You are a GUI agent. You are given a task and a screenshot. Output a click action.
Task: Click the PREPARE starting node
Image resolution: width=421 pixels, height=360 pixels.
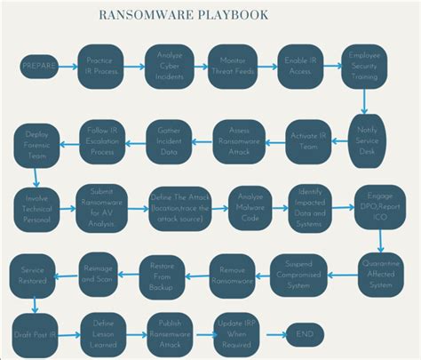[x=38, y=67]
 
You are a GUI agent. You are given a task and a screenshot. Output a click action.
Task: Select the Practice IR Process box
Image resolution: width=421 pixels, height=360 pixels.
[x=99, y=67]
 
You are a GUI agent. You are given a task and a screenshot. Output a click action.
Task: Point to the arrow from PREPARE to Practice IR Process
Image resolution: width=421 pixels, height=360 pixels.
[x=68, y=67]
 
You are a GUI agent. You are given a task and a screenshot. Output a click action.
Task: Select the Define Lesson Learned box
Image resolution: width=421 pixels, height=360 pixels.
[x=104, y=333]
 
